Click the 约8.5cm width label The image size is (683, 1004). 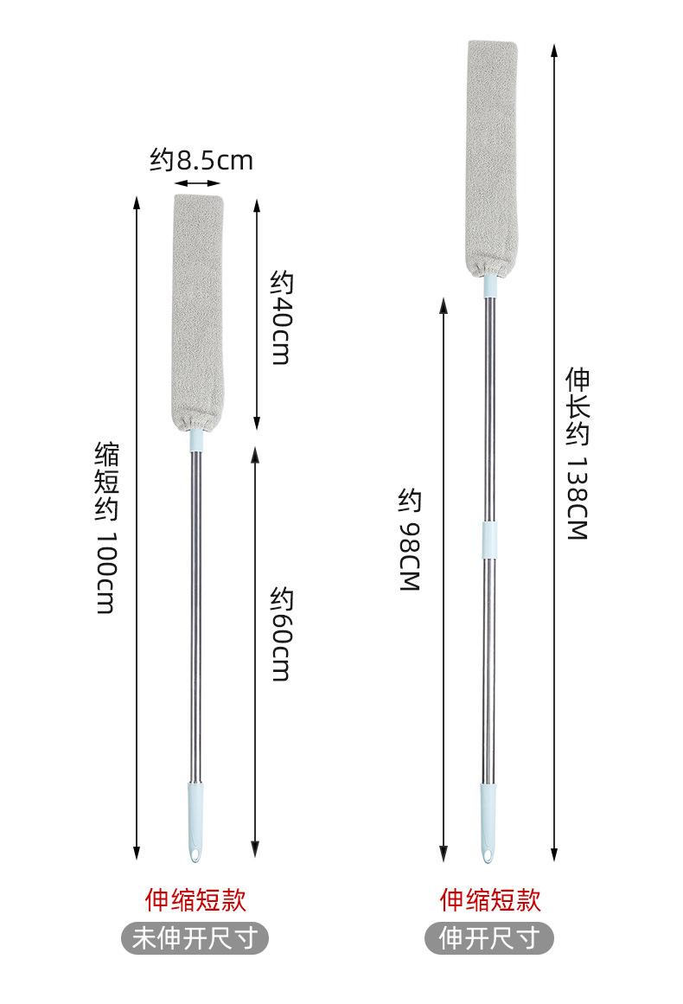point(201,160)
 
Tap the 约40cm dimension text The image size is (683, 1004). point(280,317)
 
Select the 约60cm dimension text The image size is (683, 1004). point(280,633)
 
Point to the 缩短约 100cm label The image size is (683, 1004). point(106,528)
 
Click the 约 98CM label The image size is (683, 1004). point(410,539)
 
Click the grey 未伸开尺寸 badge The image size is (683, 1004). point(195,938)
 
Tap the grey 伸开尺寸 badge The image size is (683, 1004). point(489,938)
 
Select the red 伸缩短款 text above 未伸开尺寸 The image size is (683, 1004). point(195,899)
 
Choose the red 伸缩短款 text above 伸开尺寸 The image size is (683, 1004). point(489,899)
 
